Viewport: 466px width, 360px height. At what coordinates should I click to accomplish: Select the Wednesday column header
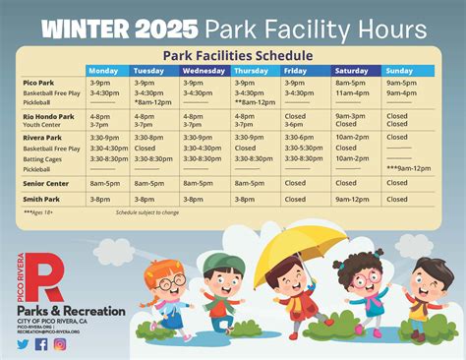[x=204, y=71]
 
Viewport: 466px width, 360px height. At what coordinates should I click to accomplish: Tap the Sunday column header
[x=399, y=71]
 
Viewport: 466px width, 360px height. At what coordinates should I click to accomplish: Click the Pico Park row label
[x=37, y=84]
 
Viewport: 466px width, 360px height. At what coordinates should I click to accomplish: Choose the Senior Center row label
[x=45, y=183]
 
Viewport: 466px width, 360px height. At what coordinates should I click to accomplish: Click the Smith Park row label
[x=41, y=199]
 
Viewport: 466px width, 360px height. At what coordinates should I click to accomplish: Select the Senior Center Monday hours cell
[x=104, y=183]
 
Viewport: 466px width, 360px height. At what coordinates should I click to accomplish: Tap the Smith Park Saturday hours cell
[x=351, y=199]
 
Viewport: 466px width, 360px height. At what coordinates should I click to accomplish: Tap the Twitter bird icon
[x=23, y=344]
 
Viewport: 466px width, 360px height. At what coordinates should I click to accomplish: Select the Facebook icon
[x=41, y=344]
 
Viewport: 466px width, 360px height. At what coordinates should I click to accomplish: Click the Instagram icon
[x=60, y=344]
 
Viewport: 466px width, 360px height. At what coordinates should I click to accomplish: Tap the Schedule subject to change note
[x=147, y=212]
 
